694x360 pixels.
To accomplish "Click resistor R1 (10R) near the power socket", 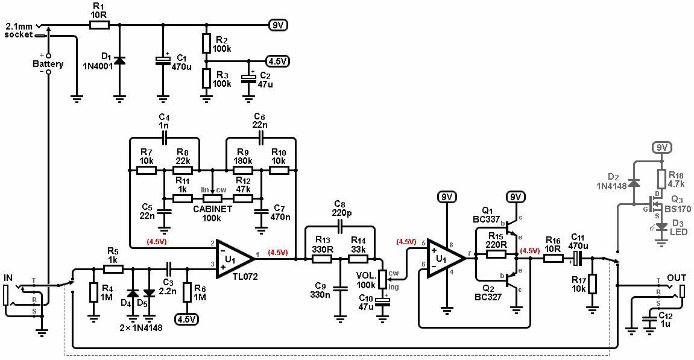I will [x=99, y=25].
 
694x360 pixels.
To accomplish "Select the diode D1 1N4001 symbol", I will [x=119, y=60].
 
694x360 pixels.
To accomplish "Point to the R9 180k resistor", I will [x=243, y=170].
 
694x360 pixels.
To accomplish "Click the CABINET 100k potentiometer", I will [x=212, y=198].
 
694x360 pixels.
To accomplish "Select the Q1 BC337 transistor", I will [x=512, y=226].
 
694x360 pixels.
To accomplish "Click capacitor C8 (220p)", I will [x=340, y=227].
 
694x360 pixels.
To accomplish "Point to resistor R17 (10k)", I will [x=592, y=283].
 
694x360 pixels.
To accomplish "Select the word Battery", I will [x=48, y=64].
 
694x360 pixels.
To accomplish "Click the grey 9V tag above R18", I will [x=662, y=148].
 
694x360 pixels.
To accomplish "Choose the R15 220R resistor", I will [x=496, y=253].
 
